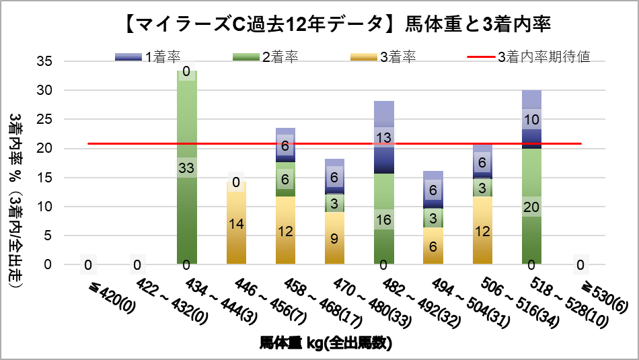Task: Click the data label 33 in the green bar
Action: pos(187,168)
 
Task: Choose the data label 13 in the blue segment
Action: pos(384,138)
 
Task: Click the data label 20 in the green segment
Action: pos(531,206)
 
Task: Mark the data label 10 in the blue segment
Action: pos(531,120)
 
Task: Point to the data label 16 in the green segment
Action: pos(384,219)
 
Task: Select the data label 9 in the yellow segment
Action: pos(335,238)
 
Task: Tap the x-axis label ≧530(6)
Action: pos(603,293)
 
